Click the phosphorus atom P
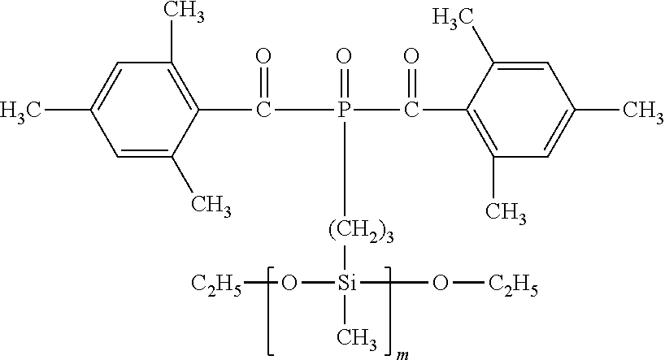(344, 107)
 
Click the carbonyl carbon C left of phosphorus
(263, 107)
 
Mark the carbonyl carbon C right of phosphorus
(411, 107)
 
